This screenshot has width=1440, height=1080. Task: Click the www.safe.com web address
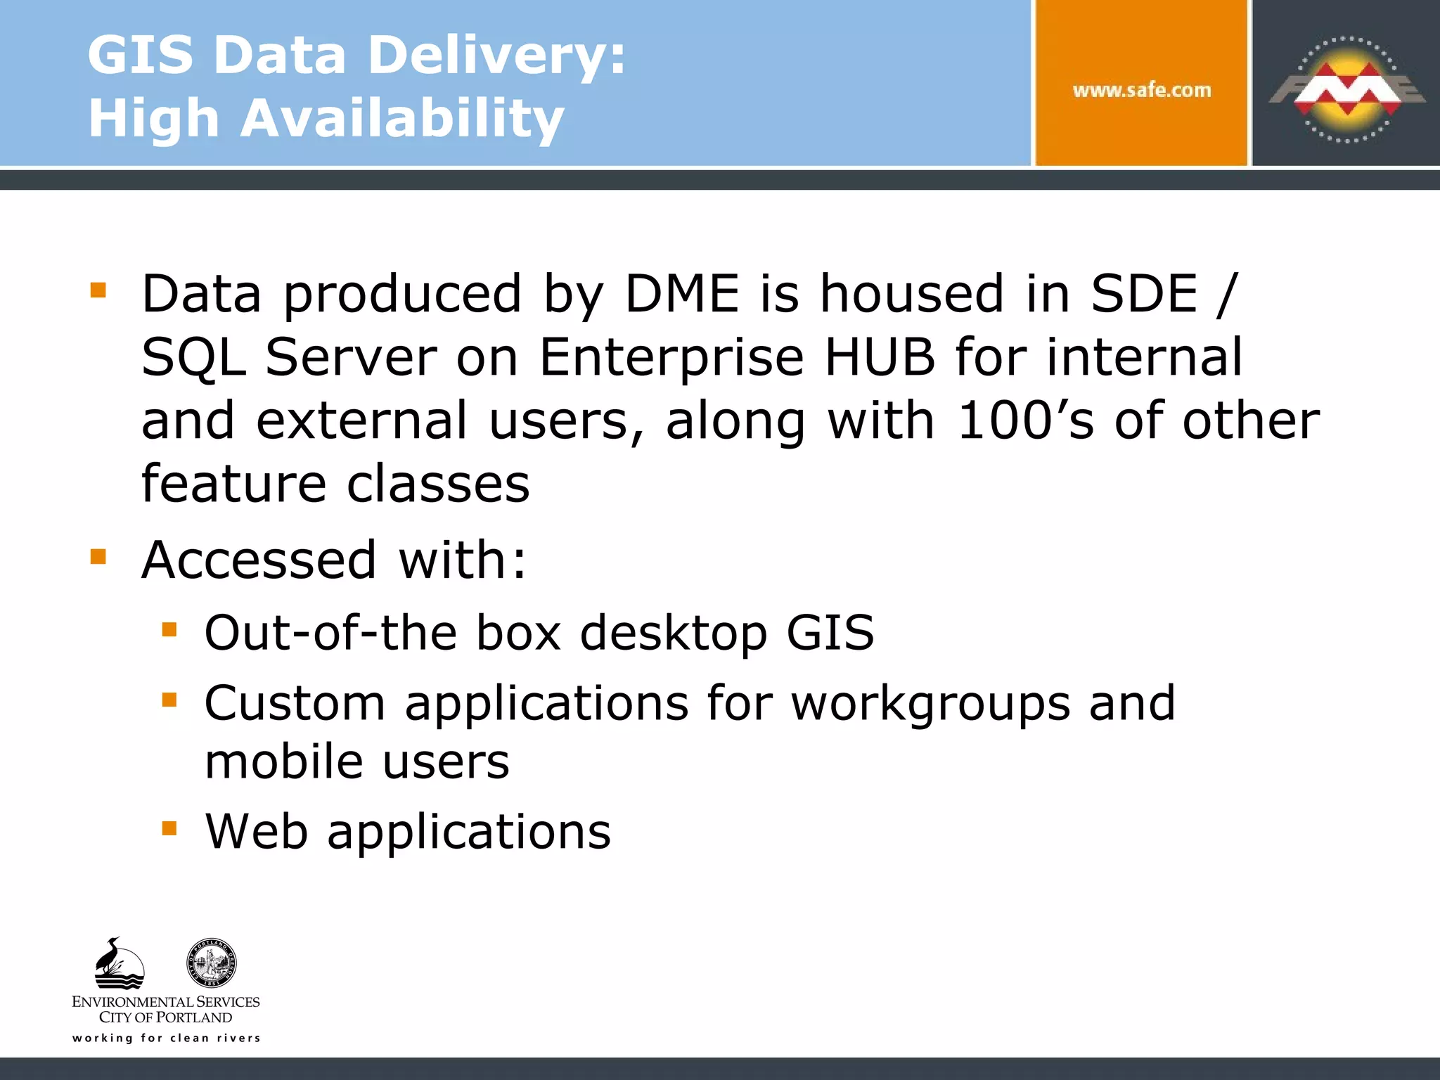[x=1141, y=91]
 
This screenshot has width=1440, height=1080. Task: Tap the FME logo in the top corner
[x=1346, y=89]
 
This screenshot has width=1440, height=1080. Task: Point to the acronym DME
[x=682, y=293]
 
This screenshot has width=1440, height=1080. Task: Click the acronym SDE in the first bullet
[x=1144, y=293]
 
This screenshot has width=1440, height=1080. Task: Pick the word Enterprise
[x=671, y=357]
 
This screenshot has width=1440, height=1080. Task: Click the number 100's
[x=1025, y=420]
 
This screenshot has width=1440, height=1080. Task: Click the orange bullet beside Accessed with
[x=98, y=558]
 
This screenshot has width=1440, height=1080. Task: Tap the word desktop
[x=673, y=633]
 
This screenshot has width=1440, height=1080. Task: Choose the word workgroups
[x=930, y=703]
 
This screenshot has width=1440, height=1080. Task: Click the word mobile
[x=284, y=761]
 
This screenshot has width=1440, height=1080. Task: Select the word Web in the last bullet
[x=257, y=832]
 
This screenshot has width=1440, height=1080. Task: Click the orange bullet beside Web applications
[x=169, y=828]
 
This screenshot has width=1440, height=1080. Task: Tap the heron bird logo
[x=119, y=963]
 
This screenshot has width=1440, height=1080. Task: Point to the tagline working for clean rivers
[x=167, y=1038]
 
